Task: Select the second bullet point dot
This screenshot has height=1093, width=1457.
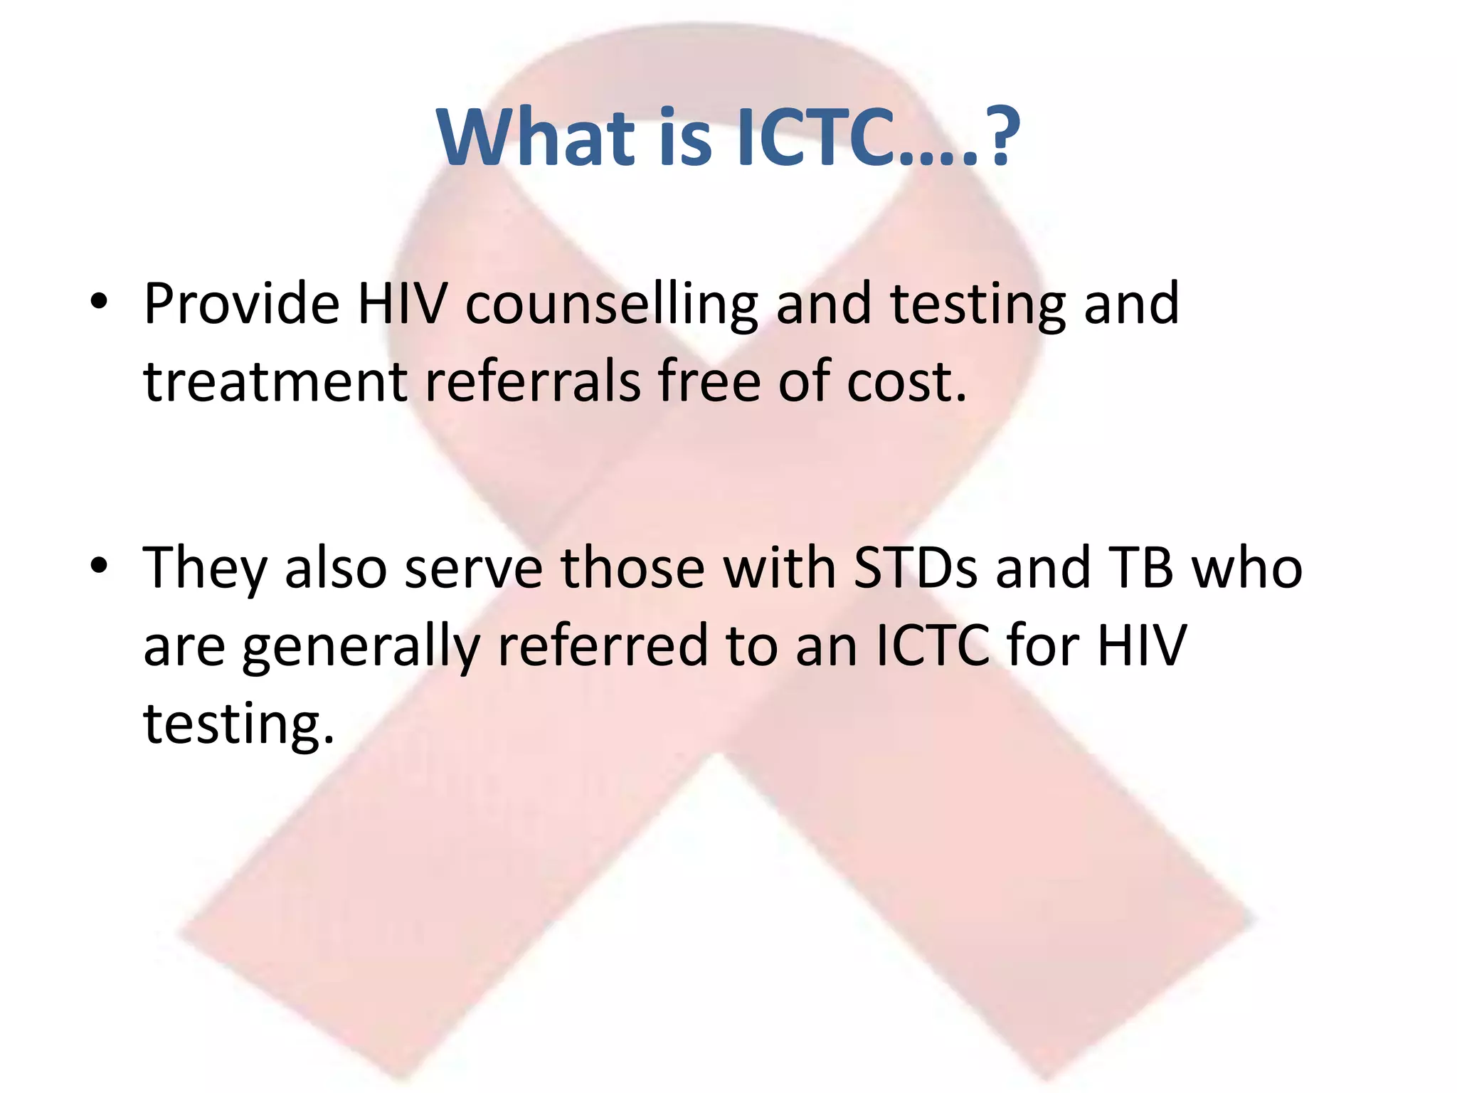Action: tap(99, 566)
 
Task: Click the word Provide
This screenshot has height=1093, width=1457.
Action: tap(241, 304)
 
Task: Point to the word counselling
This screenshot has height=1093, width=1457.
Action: tap(611, 305)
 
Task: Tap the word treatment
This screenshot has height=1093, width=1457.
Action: tap(275, 382)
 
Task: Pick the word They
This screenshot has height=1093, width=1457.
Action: tap(204, 569)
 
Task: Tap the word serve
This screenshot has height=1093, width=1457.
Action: tap(473, 569)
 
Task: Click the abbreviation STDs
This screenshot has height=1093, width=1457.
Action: tap(914, 569)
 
